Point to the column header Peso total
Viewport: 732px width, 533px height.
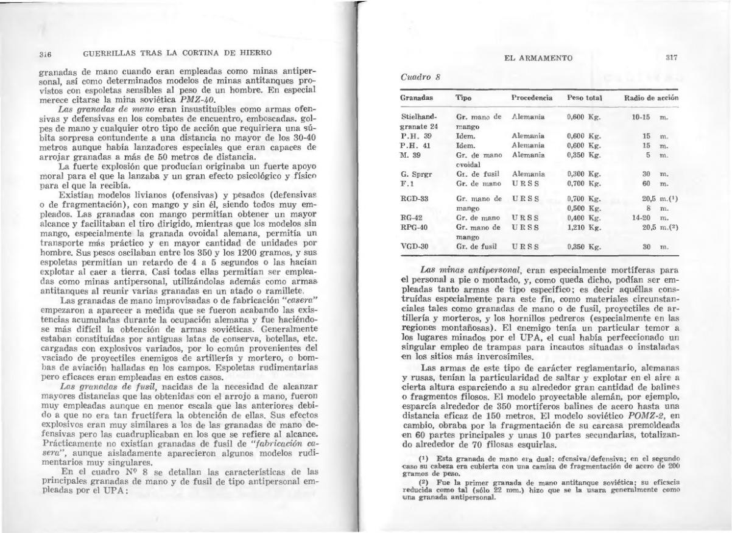pos(584,97)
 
